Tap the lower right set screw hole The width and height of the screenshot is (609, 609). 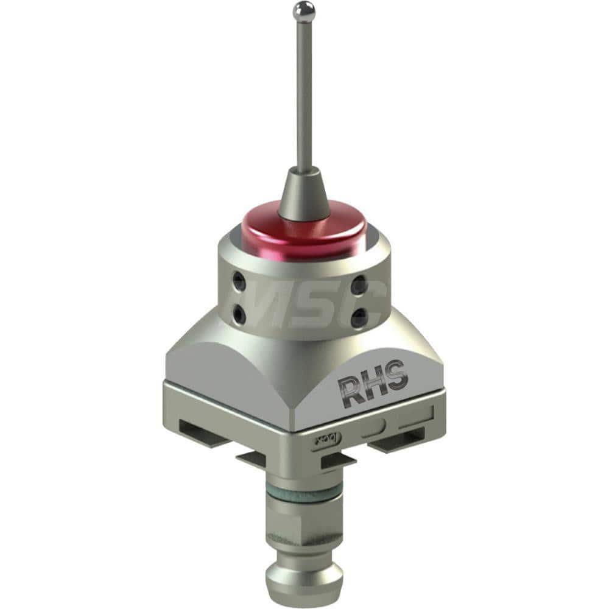[359, 317]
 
